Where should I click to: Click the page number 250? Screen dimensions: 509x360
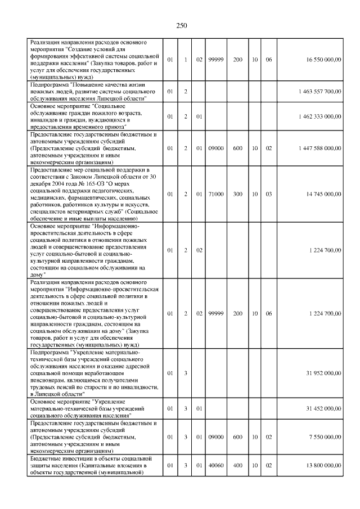click(181, 25)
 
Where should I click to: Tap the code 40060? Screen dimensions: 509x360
click(216, 466)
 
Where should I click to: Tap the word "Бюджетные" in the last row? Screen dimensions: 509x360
click(47, 459)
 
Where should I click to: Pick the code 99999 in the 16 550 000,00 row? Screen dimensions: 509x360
click(216, 59)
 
